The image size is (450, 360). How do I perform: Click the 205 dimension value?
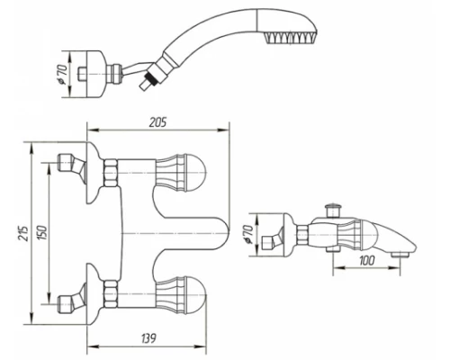[x=157, y=122]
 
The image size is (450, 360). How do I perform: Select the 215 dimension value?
[x=25, y=233]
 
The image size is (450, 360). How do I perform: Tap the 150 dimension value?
[x=42, y=232]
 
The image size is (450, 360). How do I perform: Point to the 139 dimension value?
[x=148, y=338]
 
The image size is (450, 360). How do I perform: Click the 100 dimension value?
[x=366, y=260]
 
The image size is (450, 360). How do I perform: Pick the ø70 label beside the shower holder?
[x=62, y=75]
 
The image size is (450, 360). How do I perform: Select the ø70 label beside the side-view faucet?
[x=248, y=234]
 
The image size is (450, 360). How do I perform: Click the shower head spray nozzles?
[x=290, y=38]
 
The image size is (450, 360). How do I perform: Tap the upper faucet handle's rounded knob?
[x=196, y=173]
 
